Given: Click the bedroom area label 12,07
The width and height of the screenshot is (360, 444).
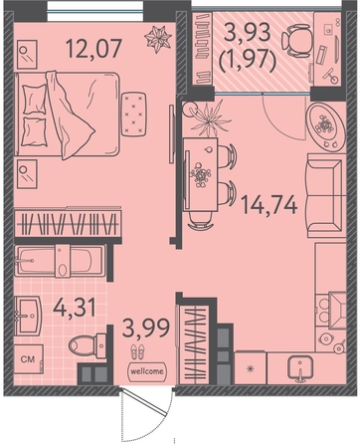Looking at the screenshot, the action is point(94,48).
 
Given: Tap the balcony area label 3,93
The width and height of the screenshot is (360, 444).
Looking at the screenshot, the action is point(248,33).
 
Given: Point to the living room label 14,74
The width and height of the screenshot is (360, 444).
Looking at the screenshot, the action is point(269,204).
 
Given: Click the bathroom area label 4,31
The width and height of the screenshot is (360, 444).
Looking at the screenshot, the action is point(75,308).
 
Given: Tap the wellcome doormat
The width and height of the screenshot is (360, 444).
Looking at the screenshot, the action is point(147,371).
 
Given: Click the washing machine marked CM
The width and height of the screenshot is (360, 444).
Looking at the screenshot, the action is point(29,359).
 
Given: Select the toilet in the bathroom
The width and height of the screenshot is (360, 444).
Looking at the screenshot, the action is point(88,346).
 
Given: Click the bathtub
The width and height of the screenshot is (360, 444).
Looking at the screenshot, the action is point(60,261).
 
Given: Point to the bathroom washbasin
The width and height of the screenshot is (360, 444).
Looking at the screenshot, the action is point(28,316).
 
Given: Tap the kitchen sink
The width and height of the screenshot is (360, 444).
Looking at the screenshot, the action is point(300,367).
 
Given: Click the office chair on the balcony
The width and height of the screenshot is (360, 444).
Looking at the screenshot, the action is point(296,41).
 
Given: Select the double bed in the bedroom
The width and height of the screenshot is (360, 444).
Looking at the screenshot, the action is point(67,114).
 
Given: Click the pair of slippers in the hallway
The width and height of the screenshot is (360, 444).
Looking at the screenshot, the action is point(137,351).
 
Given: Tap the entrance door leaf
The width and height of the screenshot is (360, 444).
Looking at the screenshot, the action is point(143,401).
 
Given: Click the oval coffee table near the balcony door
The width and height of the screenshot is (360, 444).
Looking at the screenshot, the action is point(326,125).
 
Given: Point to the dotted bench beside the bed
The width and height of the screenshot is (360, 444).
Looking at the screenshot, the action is point(134,113).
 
